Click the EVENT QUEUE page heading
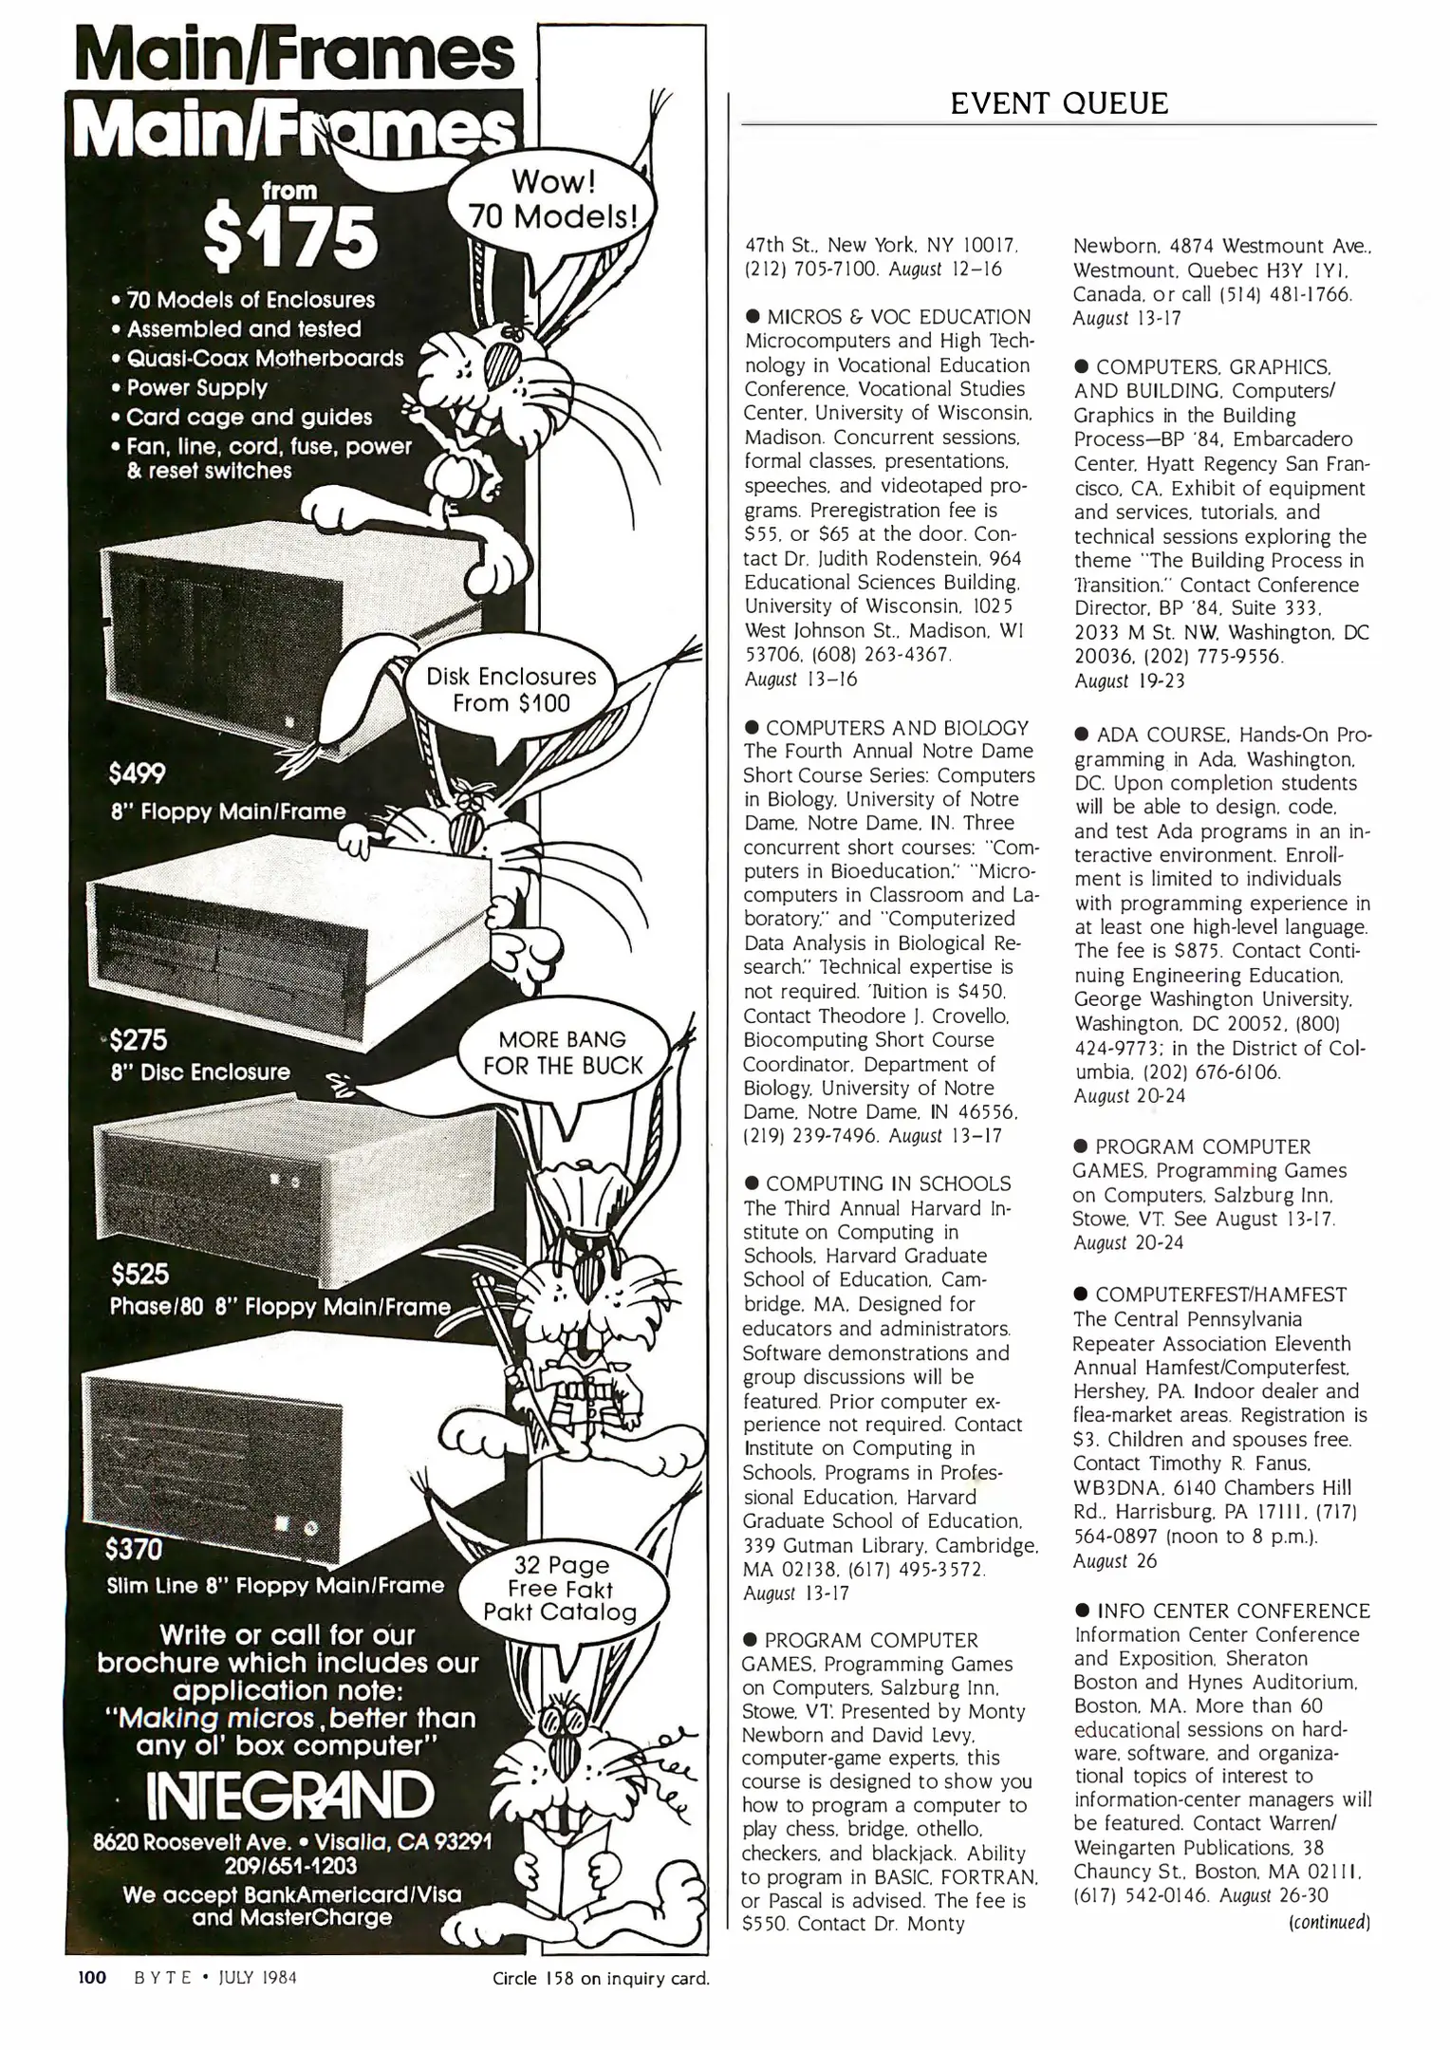click(1059, 102)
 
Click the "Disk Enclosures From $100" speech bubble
click(511, 690)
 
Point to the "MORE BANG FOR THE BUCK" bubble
click(563, 1053)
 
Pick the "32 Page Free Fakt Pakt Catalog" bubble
click(560, 1589)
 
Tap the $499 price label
click(138, 774)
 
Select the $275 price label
click(139, 1040)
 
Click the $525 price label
click(139, 1273)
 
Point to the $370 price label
click(135, 1550)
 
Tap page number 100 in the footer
click(91, 1979)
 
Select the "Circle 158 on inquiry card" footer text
click(601, 1980)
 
